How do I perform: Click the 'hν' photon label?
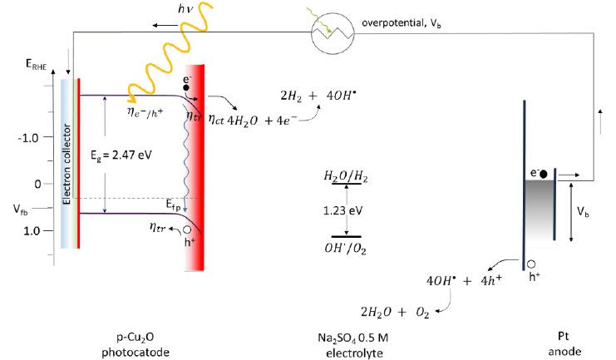click(185, 9)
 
